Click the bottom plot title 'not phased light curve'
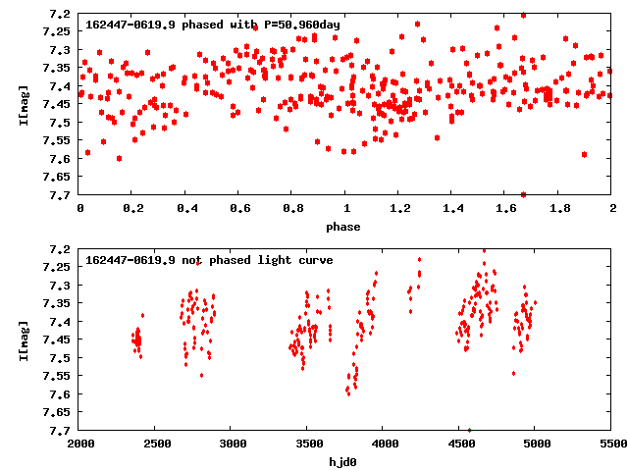[209, 260]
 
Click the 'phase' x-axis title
[344, 227]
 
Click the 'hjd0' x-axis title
[344, 462]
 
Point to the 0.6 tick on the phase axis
[239, 209]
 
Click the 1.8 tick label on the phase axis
[559, 209]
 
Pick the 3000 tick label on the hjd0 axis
[232, 445]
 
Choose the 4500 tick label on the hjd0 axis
[460, 445]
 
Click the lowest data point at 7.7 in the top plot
[523, 194]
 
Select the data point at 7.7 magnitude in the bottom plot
[470, 430]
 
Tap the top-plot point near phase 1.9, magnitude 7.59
[584, 154]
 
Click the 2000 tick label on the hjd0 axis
[79, 445]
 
